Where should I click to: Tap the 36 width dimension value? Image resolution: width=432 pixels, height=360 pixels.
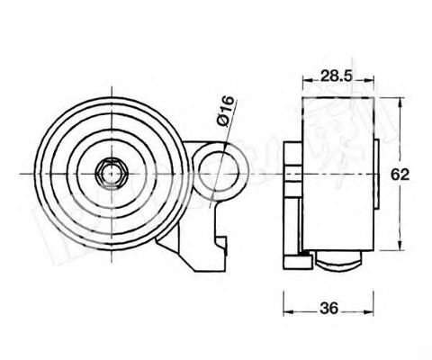tap(330, 309)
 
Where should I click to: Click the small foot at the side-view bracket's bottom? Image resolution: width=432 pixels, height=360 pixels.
tap(296, 261)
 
